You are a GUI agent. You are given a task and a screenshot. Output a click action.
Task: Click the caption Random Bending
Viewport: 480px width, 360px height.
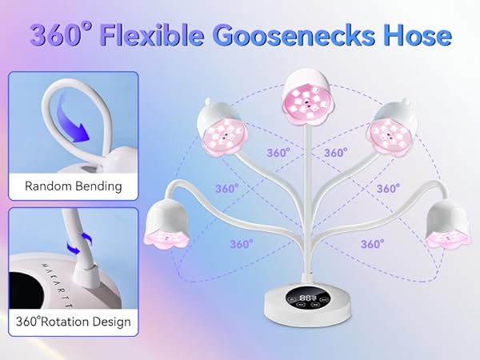tap(74, 186)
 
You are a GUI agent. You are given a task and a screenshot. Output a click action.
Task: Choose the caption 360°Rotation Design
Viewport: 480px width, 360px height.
tap(74, 322)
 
